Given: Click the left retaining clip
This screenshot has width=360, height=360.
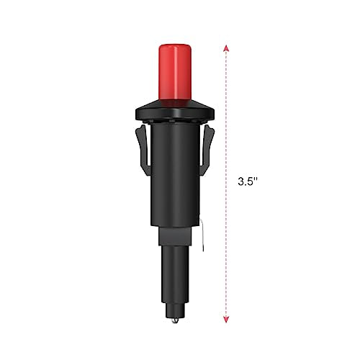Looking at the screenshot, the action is click(143, 150).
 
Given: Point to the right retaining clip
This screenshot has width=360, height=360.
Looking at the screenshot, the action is click(207, 150).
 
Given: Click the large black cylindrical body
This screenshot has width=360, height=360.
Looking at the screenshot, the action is click(175, 174).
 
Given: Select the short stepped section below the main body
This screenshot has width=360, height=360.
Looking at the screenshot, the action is click(175, 237).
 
